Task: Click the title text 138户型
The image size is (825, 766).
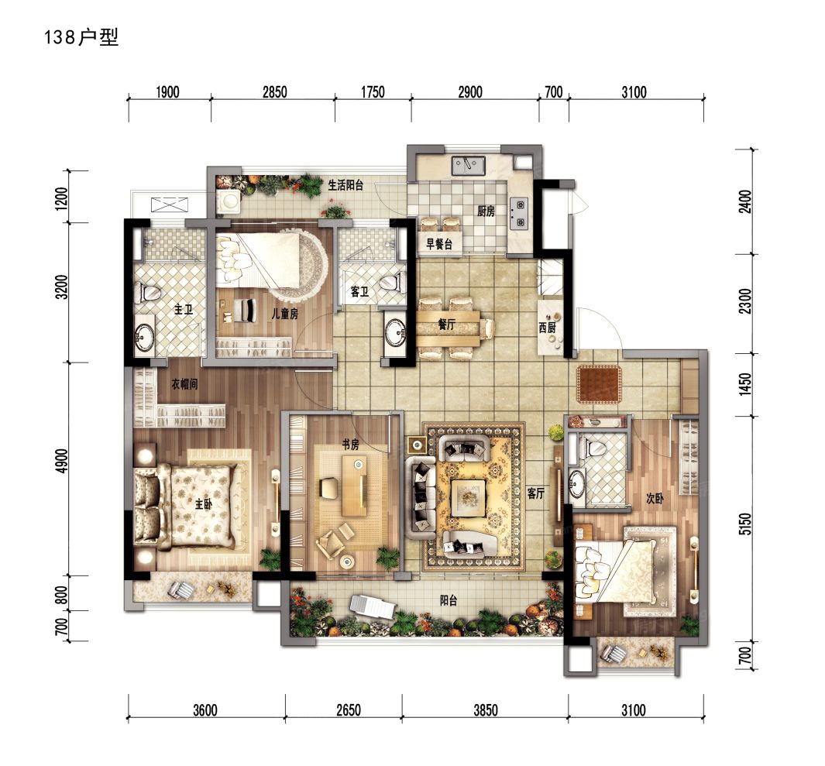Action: click(x=81, y=38)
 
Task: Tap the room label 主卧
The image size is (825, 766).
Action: click(x=204, y=504)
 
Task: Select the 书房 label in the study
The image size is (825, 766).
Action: click(x=351, y=444)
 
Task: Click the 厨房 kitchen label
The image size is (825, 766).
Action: click(x=486, y=211)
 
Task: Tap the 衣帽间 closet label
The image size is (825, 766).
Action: click(x=187, y=382)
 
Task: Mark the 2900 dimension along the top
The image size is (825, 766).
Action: click(x=469, y=93)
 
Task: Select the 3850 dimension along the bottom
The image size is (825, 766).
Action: click(x=485, y=709)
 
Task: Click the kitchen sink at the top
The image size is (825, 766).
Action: click(x=469, y=165)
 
